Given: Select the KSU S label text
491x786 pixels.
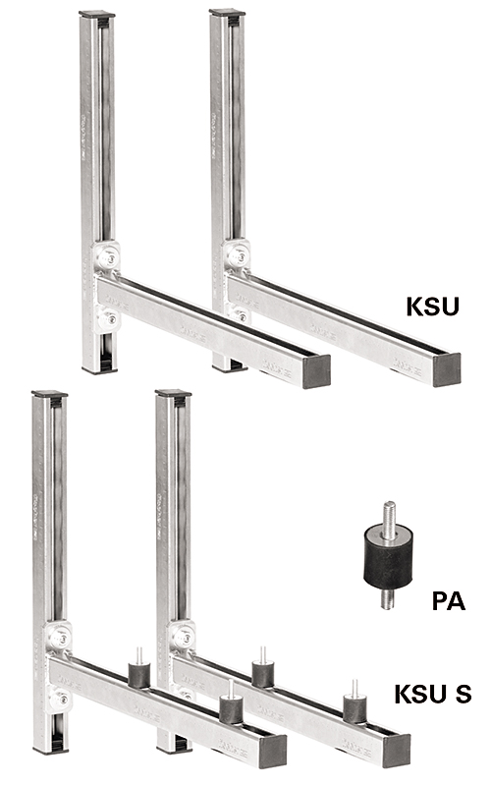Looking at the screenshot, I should click(432, 696).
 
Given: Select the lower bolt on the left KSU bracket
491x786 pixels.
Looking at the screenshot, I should click(109, 317).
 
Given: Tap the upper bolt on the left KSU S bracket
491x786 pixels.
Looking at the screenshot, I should click(58, 639).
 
